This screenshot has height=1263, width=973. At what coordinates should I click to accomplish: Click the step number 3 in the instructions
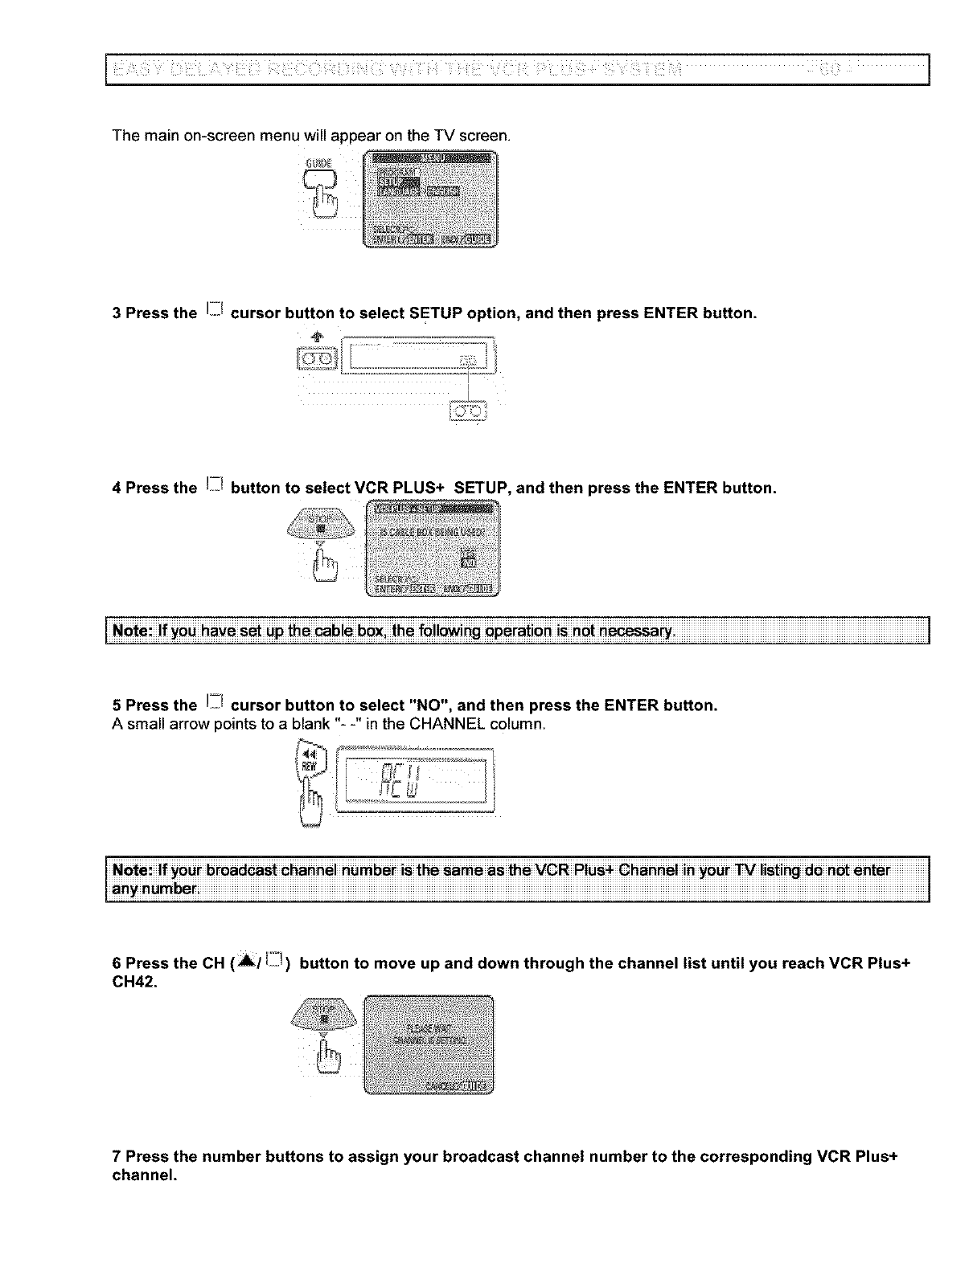[x=117, y=313]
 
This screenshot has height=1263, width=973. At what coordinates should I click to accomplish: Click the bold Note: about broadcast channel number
[x=134, y=871]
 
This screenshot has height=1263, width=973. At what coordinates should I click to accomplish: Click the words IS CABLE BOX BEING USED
[x=432, y=531]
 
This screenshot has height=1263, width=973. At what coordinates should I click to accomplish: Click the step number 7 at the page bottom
[x=117, y=1157]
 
